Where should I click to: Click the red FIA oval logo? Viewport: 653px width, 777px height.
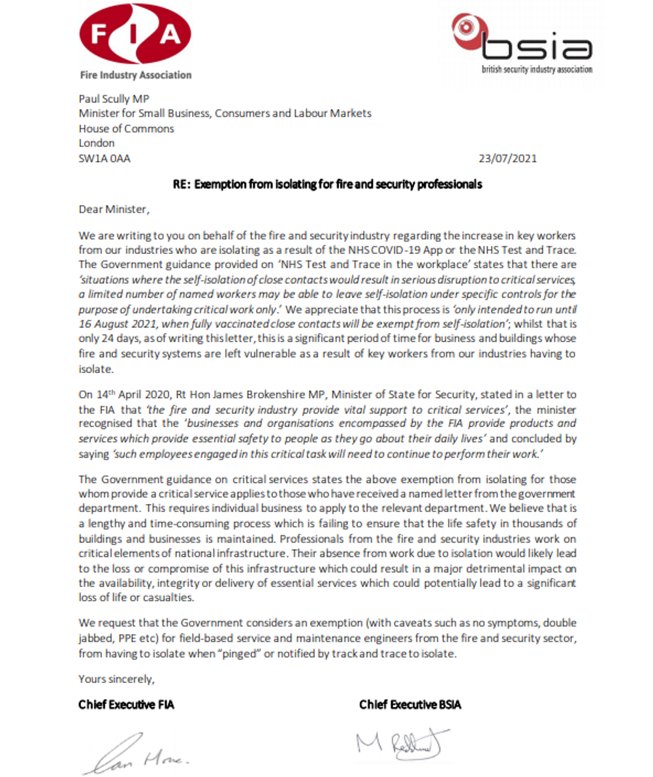(135, 35)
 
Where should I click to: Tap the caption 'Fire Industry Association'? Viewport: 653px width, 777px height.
(135, 74)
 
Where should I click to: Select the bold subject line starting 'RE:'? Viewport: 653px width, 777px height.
(327, 185)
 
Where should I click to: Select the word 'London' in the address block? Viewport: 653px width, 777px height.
(96, 142)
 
